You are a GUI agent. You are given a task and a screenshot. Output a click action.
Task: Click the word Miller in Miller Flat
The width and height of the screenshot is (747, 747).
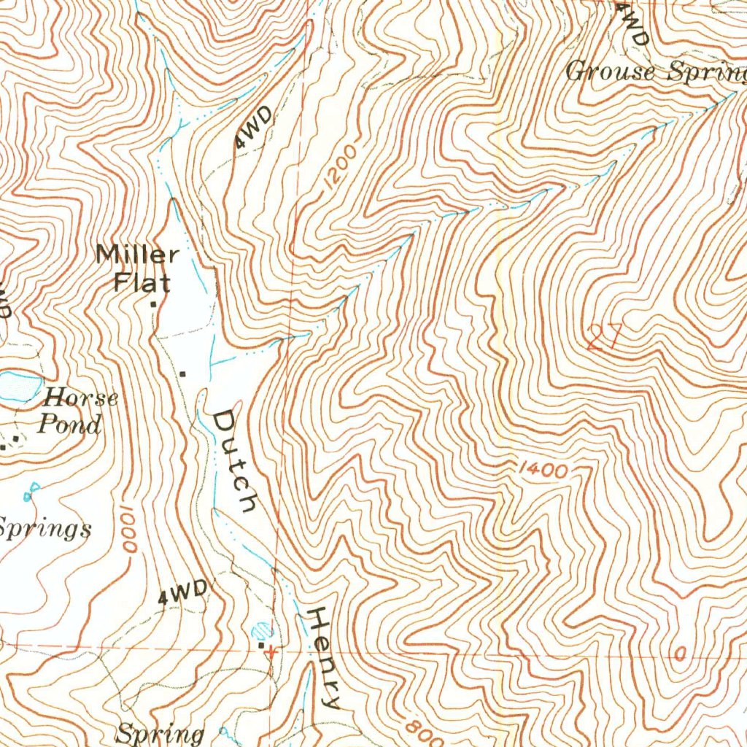pos(137,255)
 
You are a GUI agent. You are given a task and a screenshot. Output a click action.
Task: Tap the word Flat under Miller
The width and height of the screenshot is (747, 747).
pos(142,282)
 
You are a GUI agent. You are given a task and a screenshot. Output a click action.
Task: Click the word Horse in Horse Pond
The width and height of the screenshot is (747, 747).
pos(80,398)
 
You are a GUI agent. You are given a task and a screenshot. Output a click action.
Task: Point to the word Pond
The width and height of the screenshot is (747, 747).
pos(69,424)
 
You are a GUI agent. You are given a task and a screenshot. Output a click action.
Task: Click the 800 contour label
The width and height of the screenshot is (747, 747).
pos(421,727)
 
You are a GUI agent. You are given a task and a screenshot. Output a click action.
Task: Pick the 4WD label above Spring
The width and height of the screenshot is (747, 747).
pos(183,594)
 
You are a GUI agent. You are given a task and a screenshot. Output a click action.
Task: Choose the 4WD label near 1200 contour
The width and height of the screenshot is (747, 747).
pos(254,127)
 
